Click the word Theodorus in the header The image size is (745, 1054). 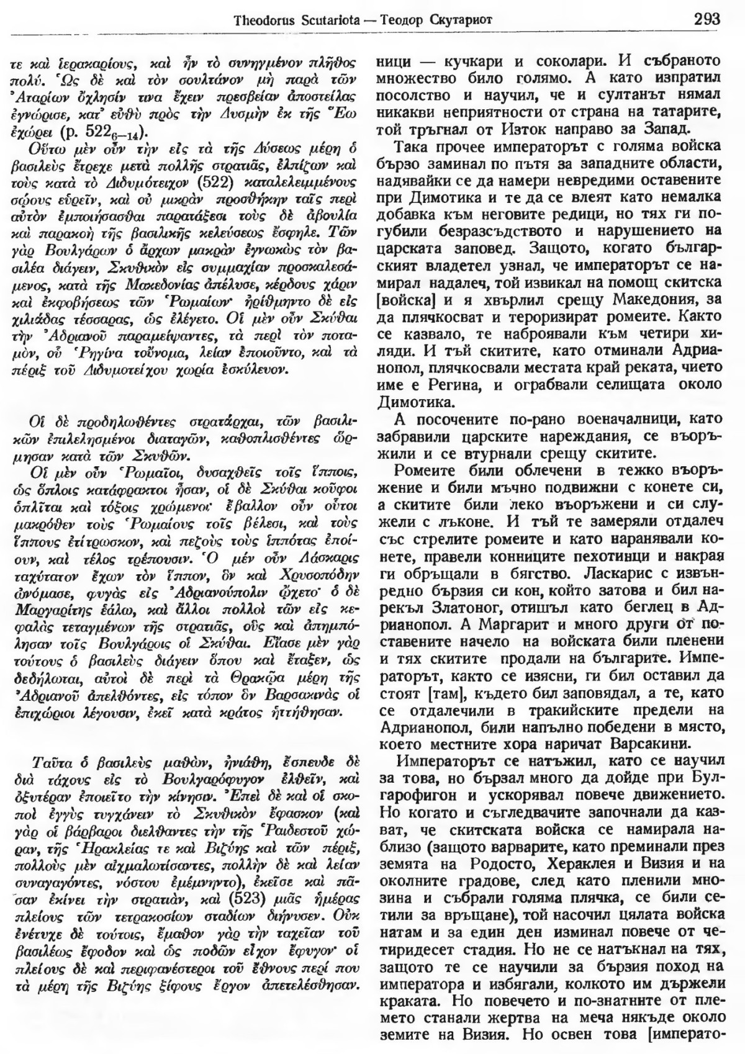(x=263, y=19)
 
